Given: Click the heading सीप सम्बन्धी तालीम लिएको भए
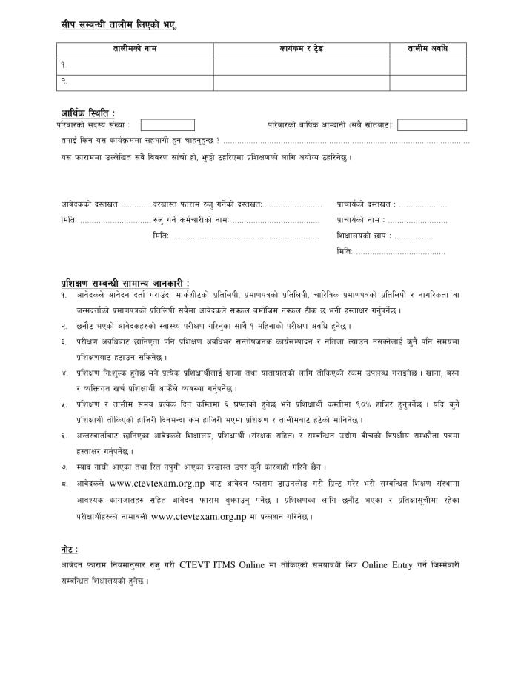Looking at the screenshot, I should pyautogui.click(x=119, y=25).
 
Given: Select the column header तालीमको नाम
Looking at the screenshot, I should pyautogui.click(x=135, y=50).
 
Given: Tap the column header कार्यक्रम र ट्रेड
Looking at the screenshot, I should pyautogui.click(x=302, y=50).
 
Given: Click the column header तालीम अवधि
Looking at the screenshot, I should pyautogui.click(x=428, y=50).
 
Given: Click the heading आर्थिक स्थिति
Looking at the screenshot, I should pyautogui.click(x=87, y=113).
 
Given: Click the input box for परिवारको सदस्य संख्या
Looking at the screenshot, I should pyautogui.click(x=167, y=125).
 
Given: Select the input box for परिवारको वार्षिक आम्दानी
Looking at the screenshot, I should pyautogui.click(x=432, y=125).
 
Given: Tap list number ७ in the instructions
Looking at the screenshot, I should pyautogui.click(x=64, y=467).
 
